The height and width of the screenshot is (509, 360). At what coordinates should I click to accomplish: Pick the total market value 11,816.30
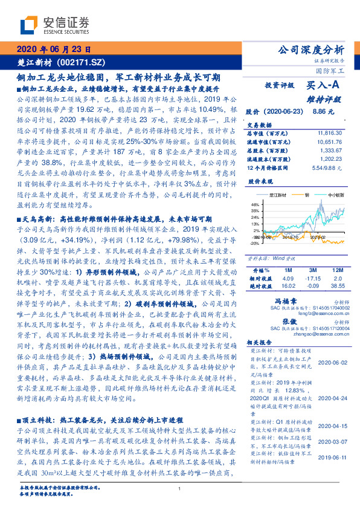(326, 131)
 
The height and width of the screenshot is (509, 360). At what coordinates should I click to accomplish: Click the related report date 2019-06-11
(332, 441)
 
